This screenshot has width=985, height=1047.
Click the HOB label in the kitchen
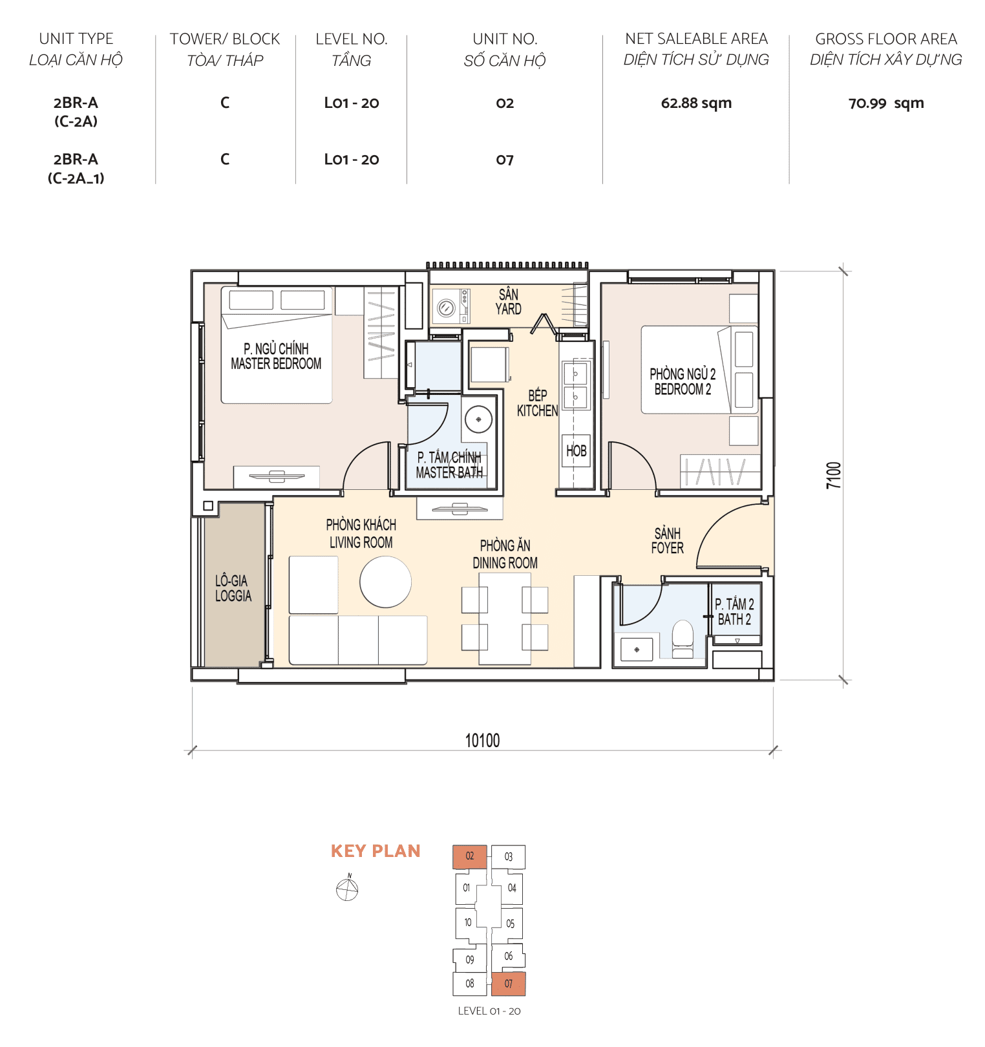(576, 450)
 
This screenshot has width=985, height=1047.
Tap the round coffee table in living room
(385, 582)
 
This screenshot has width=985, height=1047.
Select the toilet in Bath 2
(683, 639)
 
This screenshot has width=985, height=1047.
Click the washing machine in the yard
(447, 308)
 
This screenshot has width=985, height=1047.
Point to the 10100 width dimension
(482, 741)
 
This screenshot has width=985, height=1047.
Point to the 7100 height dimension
(834, 475)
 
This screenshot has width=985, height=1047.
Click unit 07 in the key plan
(508, 984)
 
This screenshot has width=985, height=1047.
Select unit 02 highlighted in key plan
(470, 856)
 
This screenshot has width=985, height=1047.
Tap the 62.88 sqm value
(696, 103)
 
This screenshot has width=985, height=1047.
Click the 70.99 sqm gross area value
(885, 103)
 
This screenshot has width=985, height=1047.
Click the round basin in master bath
(478, 419)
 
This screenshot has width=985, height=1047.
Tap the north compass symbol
(347, 889)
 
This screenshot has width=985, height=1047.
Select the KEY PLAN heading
(376, 851)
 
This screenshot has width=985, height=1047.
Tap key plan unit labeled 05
(510, 924)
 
